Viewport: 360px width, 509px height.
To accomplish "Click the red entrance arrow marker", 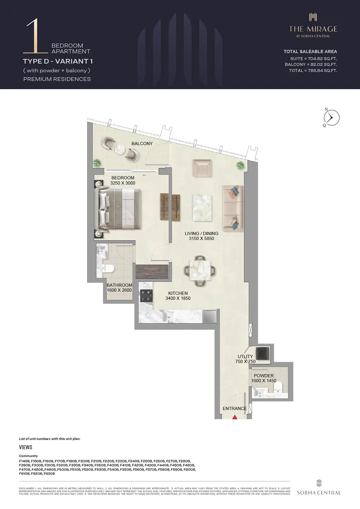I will [235, 417].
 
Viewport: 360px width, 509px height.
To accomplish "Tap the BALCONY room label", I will [142, 144].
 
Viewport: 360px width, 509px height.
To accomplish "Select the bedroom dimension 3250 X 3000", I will [123, 183].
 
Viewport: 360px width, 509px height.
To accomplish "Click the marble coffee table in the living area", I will [202, 208].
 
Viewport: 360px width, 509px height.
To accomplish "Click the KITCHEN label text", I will [178, 293].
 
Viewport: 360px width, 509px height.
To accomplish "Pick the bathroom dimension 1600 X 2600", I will [119, 290].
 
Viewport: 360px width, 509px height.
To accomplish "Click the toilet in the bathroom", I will [109, 268].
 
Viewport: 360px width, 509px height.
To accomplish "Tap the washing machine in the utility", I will [263, 353].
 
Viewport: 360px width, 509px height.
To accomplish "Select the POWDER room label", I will [264, 376].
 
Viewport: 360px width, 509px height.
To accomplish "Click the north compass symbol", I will [331, 118].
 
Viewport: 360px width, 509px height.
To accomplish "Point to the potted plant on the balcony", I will [97, 163].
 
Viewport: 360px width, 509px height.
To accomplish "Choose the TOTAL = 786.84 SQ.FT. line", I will [313, 71].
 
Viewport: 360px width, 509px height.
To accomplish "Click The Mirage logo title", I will [313, 29].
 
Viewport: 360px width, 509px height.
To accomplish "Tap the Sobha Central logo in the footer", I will [319, 488].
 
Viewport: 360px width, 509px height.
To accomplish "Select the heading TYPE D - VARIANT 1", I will [58, 61].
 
